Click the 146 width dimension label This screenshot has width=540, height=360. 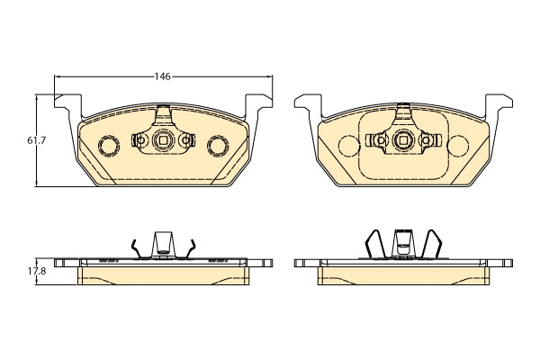163,76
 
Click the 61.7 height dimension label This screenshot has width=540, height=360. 37,140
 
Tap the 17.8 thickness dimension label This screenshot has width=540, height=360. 37,271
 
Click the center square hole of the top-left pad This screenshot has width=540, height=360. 163,140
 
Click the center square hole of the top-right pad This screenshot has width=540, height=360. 403,140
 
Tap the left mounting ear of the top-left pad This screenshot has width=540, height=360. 68,103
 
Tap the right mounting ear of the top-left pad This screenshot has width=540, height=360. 258,103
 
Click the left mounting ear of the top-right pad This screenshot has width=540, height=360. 308,103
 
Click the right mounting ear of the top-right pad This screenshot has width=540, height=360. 499,103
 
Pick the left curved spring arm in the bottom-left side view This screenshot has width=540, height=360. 135,248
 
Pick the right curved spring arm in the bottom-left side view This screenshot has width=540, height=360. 191,248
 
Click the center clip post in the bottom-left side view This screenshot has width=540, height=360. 163,244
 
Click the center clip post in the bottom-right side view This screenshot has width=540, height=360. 403,244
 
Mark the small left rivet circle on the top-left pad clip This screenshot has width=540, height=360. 140,140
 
